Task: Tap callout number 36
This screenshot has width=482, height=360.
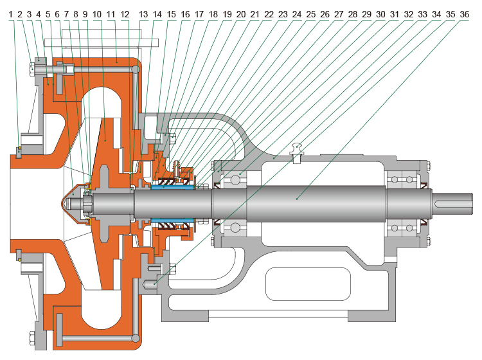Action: (463, 13)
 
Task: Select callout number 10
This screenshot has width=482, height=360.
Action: (96, 13)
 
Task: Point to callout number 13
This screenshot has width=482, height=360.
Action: (143, 13)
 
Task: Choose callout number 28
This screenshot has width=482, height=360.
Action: (352, 13)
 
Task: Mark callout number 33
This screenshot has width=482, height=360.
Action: (422, 13)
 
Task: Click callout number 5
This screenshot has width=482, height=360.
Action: (48, 13)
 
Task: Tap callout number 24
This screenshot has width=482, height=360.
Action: (296, 13)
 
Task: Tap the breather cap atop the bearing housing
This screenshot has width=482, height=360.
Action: (296, 148)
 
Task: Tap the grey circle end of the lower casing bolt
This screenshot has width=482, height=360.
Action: (134, 339)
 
